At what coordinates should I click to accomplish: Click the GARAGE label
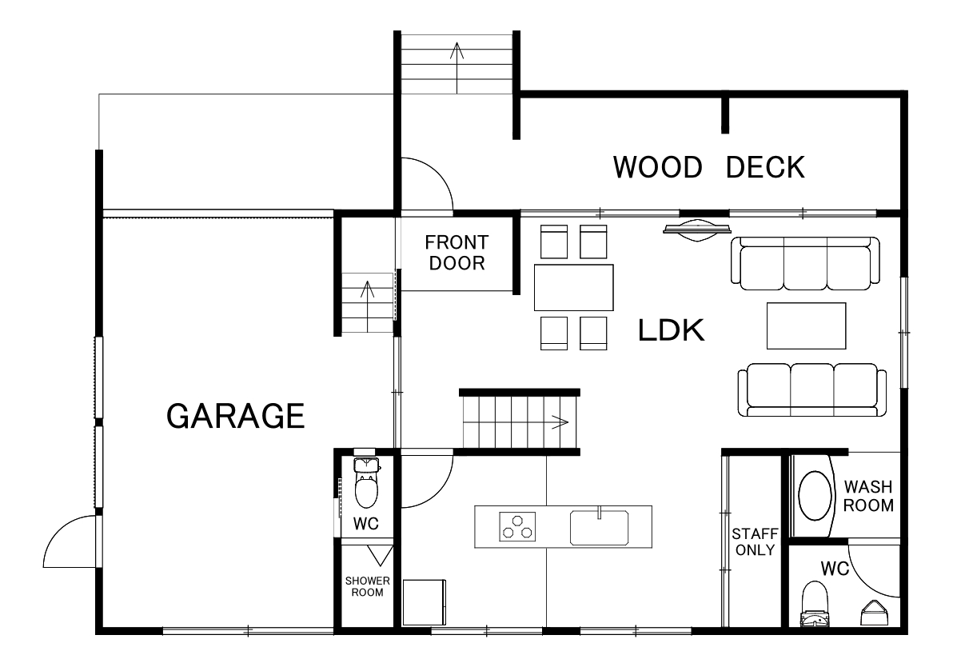pos(235,416)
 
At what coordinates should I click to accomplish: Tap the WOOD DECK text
pos(708,167)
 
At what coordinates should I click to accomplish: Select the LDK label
pos(671,330)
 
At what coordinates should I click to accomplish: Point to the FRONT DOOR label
pos(457,253)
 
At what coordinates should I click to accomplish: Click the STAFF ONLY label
pos(755,541)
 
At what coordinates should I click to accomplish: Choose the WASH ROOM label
pos(868,496)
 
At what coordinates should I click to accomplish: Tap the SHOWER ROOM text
pos(368,587)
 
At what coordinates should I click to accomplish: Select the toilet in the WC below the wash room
pos(815,604)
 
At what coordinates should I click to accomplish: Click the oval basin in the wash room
pos(815,496)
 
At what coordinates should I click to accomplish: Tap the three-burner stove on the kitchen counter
pos(517,526)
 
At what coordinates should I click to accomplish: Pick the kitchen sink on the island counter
pos(599,527)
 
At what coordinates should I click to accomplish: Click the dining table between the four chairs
pos(574,288)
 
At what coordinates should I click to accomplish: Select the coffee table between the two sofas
pos(806,326)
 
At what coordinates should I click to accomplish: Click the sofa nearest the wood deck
pos(805,263)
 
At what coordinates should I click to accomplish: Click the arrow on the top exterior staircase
pos(457,68)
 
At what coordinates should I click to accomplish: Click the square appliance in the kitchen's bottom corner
pos(424,602)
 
